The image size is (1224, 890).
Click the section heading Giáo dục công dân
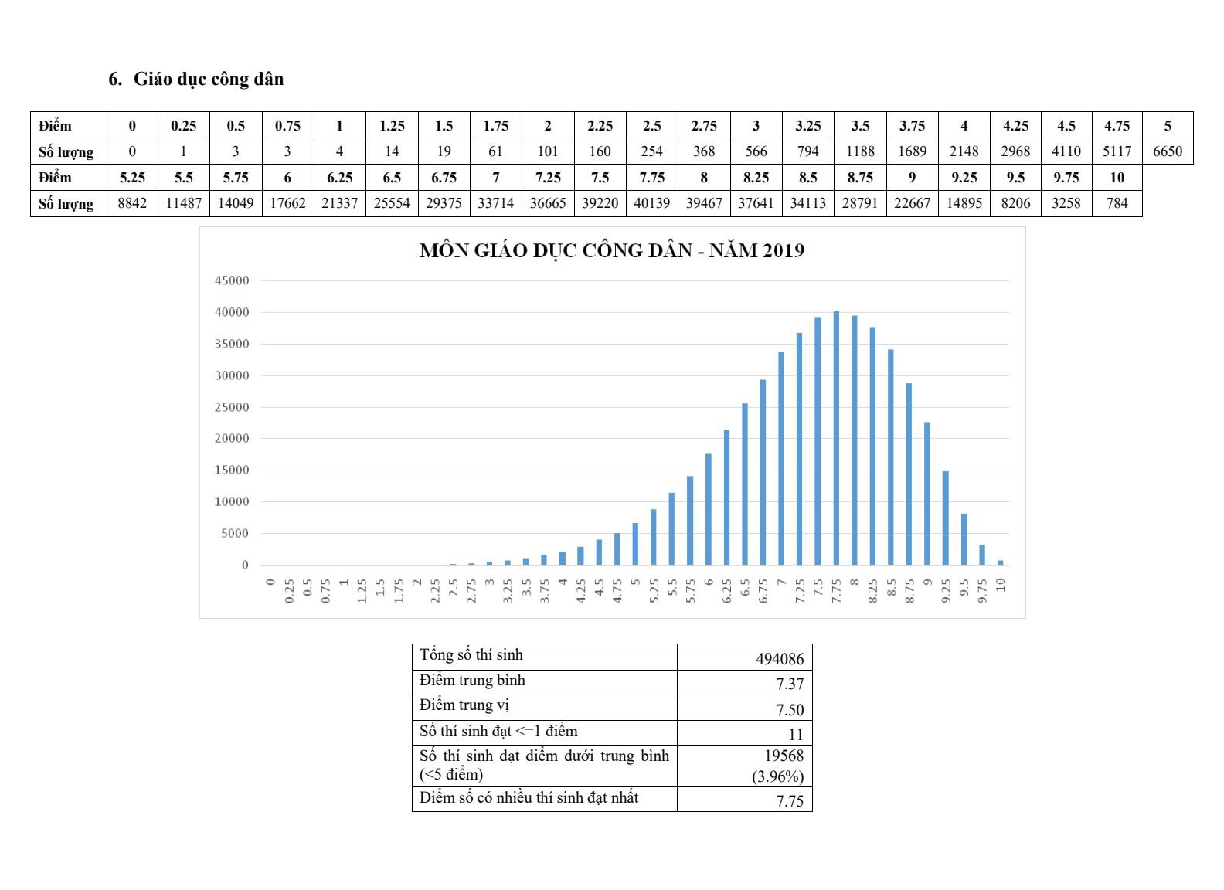[x=208, y=79]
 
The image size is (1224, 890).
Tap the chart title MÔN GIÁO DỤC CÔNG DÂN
[x=611, y=251]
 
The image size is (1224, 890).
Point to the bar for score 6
[x=709, y=509]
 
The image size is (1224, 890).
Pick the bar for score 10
[x=1000, y=562]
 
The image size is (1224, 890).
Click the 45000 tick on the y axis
[x=232, y=280]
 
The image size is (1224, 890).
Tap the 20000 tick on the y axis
[x=232, y=438]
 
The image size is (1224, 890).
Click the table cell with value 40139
[x=651, y=203]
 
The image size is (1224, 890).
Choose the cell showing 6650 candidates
[x=1167, y=151]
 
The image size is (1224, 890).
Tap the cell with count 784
[x=1117, y=203]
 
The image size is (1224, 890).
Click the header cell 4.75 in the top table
[x=1117, y=125]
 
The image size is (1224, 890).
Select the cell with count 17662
[x=287, y=203]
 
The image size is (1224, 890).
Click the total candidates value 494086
[x=779, y=659]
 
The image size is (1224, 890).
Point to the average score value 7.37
[x=790, y=684]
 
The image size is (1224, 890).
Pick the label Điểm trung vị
[x=464, y=705]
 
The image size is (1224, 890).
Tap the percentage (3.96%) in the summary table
[x=777, y=776]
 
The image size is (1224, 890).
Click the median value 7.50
[x=790, y=710]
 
